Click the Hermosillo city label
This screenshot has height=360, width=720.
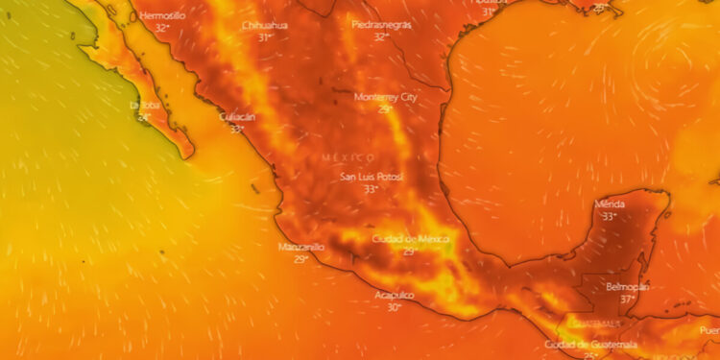tap(162, 16)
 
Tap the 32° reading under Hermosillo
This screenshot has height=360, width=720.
tap(162, 28)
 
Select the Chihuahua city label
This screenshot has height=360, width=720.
tap(265, 25)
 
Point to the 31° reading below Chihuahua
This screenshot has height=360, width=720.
tap(265, 36)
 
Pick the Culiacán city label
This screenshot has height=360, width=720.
tap(237, 117)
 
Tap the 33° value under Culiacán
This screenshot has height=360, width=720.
tap(236, 129)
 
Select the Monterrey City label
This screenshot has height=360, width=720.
tap(386, 97)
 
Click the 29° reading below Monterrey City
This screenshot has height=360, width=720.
tap(385, 108)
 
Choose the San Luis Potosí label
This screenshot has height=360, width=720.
tap(372, 177)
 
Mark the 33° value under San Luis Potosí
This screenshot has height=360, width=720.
tap(371, 189)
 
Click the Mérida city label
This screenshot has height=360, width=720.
tap(610, 204)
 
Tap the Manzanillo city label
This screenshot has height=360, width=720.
tap(301, 247)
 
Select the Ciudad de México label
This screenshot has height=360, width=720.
tap(410, 239)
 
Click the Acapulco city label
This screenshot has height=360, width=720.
tap(395, 295)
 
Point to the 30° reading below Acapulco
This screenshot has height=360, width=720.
tap(394, 307)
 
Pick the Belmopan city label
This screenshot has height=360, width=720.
tap(629, 287)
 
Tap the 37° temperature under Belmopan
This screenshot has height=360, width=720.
tap(629, 299)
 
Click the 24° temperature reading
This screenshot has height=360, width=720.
tap(144, 117)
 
